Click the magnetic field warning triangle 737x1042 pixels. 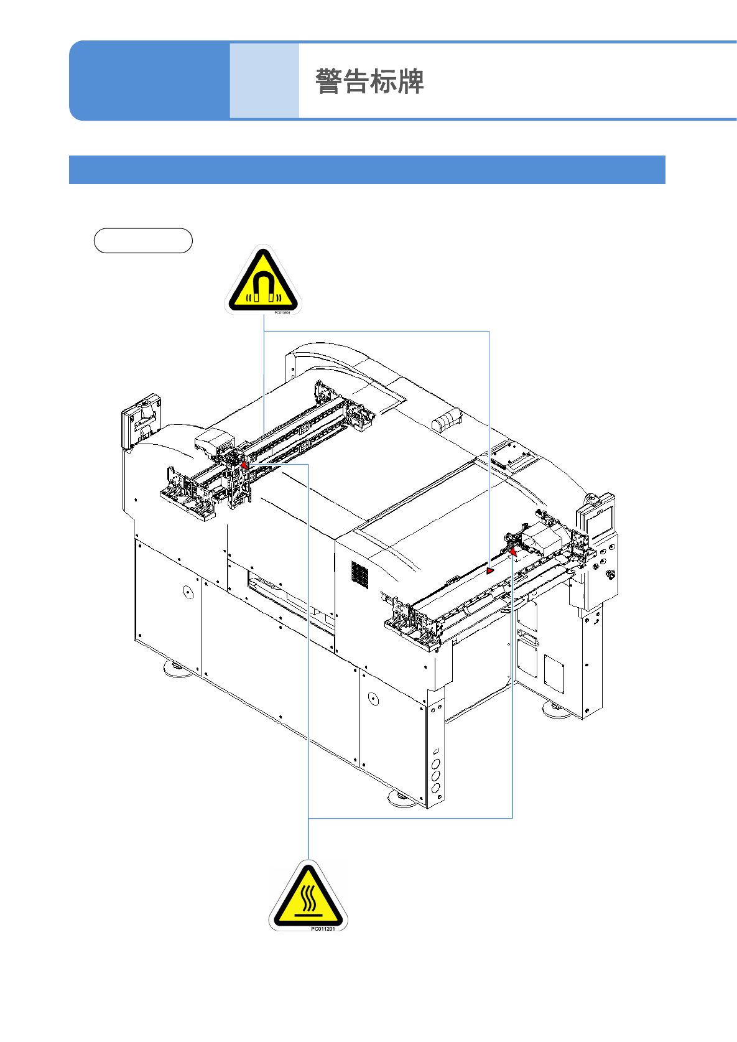click(263, 281)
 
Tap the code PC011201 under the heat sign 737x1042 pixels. click(323, 929)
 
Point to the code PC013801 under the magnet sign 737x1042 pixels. click(282, 312)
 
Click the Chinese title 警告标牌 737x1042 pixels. click(369, 81)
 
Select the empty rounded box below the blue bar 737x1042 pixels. click(143, 241)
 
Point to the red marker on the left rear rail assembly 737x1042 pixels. click(244, 465)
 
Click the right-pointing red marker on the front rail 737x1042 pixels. click(490, 570)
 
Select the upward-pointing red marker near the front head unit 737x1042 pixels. click(513, 551)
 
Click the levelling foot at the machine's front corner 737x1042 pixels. click(403, 798)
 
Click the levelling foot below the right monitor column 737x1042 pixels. click(557, 710)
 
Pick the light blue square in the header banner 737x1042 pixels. click(264, 81)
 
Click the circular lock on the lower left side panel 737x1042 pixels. click(188, 591)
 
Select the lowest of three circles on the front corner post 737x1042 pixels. click(435, 788)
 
